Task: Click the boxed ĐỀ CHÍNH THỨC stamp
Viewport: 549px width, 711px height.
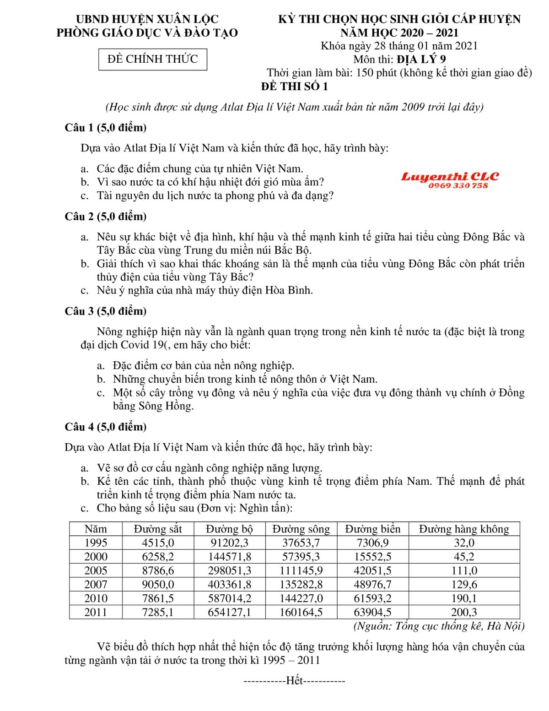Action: (x=152, y=59)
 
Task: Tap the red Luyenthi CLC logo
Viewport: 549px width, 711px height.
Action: (x=450, y=177)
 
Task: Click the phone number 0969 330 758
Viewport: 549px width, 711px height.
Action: (x=458, y=186)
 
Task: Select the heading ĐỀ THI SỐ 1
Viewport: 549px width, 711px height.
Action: (x=294, y=87)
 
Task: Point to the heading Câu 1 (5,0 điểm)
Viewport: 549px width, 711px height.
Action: (x=106, y=128)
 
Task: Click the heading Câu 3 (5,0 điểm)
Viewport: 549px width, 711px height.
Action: (x=106, y=311)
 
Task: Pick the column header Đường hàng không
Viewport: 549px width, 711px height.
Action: (x=464, y=529)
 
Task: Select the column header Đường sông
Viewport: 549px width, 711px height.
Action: (x=301, y=529)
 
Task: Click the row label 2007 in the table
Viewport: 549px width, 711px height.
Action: (x=96, y=584)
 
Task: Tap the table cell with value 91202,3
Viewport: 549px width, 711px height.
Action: (x=229, y=543)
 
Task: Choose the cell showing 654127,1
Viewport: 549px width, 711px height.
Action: (x=229, y=612)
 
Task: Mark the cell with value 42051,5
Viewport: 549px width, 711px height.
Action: (x=372, y=570)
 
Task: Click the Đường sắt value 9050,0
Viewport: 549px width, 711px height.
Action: (x=158, y=584)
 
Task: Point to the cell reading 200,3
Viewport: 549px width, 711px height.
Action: (x=464, y=612)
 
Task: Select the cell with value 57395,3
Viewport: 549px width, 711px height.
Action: (x=301, y=557)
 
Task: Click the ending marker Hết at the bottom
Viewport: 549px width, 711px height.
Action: (x=294, y=681)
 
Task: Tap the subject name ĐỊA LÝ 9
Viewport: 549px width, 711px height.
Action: (x=421, y=59)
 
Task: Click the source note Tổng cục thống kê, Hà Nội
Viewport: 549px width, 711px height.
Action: (x=439, y=626)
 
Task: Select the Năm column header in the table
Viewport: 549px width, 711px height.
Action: (x=96, y=529)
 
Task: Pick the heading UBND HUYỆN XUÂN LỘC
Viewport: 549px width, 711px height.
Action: (x=147, y=19)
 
